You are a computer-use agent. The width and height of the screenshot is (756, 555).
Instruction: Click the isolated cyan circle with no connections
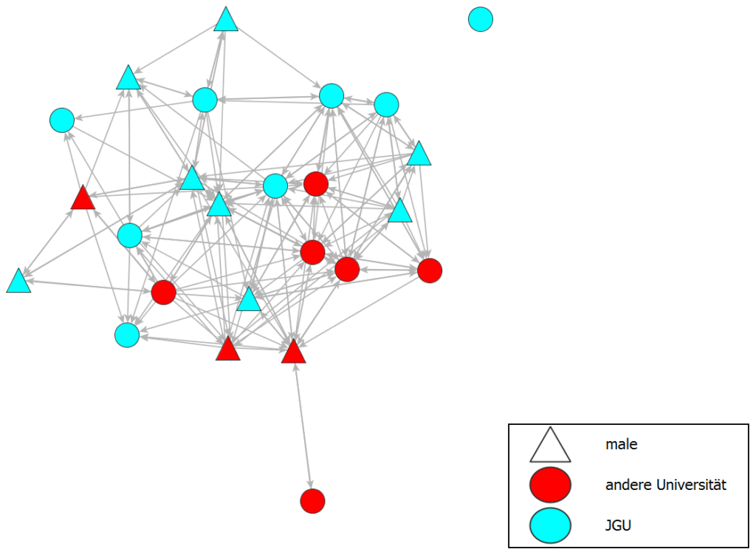481,19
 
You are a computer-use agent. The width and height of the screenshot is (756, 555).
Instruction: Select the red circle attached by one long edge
313,501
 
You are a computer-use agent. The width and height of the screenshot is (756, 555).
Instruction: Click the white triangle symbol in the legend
550,446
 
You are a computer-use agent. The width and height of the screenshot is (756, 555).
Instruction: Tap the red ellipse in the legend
550,486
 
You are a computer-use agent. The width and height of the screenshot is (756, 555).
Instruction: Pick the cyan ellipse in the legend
550,525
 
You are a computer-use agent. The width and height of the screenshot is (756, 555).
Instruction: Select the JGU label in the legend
618,526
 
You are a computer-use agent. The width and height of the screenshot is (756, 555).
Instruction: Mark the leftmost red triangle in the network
83,199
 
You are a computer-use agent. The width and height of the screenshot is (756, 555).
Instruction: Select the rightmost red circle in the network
430,270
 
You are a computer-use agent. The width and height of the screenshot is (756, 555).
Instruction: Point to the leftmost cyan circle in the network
62,120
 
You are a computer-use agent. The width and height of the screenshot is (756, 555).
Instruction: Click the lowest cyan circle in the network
127,335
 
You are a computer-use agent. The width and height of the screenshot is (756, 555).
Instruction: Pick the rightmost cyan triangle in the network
419,154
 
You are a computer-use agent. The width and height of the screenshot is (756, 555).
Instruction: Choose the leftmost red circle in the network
163,293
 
